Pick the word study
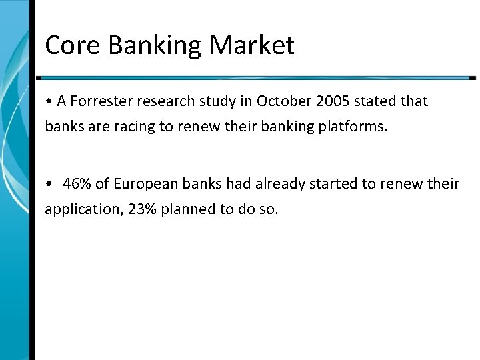tap(215, 102)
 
